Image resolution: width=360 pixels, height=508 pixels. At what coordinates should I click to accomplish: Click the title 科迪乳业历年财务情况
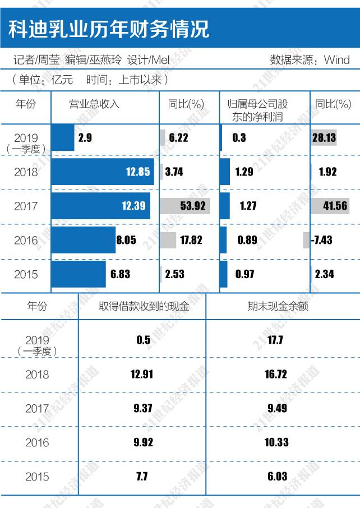(x=109, y=28)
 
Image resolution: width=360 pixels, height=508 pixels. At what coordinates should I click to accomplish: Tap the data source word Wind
(x=336, y=59)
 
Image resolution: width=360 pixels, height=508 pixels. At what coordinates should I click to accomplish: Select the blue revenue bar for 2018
(x=102, y=172)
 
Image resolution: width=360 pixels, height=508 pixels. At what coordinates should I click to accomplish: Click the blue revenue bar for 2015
(x=78, y=274)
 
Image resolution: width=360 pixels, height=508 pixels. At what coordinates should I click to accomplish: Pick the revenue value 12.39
(x=133, y=206)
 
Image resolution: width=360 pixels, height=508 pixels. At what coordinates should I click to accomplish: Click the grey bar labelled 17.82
(x=168, y=241)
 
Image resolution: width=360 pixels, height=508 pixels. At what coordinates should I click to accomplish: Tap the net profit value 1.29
(x=244, y=172)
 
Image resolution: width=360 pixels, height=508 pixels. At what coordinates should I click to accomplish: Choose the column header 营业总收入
(x=94, y=104)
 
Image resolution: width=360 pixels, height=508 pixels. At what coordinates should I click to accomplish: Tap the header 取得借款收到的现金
(x=144, y=306)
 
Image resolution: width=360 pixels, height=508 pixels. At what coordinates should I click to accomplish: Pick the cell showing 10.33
(x=276, y=442)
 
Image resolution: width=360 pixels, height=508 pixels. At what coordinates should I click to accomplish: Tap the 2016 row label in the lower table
(x=38, y=442)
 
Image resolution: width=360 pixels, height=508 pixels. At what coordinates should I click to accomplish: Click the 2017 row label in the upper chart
(x=26, y=206)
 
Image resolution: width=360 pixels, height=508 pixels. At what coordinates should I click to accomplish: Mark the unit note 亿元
(x=62, y=80)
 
